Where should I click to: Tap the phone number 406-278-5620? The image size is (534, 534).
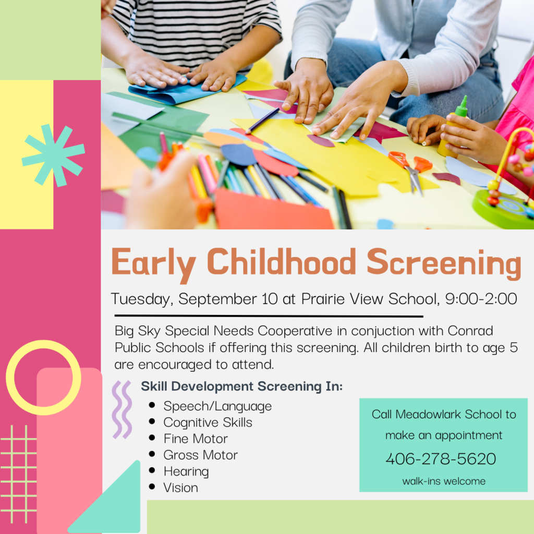pos(441,459)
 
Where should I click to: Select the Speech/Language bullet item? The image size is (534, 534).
pos(217,406)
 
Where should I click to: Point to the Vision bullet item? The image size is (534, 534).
pos(180,488)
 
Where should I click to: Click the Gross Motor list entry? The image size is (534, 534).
pos(200,455)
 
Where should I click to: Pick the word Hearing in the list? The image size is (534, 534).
pos(186,471)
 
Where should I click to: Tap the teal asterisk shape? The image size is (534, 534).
pos(53,154)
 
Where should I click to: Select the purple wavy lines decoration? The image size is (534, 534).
pos(122,409)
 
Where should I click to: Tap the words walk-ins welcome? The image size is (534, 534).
pos(443,481)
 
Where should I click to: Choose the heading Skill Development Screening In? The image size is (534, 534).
pos(241,386)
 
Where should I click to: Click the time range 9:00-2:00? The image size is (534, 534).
pos(481,299)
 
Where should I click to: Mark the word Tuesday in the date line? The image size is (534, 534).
pos(141,299)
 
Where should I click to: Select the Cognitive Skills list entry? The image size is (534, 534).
pos(208,422)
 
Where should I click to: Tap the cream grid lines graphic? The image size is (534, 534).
pos(19,472)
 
